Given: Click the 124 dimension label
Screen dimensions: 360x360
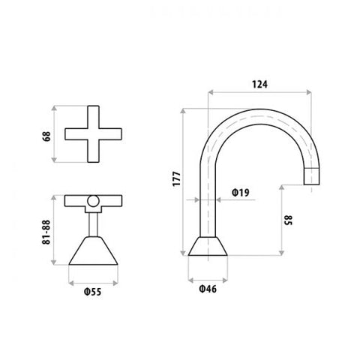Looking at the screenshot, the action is coord(259,85).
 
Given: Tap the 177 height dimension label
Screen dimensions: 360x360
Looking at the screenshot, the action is coord(176,178).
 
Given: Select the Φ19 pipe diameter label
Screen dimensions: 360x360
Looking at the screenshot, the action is coord(241,193).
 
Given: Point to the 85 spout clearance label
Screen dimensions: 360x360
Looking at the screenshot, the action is coord(288,220).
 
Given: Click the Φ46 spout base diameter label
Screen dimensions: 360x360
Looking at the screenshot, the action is coord(208,289).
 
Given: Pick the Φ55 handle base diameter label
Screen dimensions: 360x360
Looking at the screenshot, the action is coord(93,292).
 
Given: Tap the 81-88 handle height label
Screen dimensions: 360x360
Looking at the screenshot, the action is coord(46,232).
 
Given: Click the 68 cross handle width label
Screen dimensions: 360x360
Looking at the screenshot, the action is coord(46,136).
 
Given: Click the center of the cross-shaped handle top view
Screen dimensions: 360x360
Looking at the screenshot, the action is coord(94,134).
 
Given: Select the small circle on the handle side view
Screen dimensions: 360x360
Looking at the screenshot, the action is coord(94,201).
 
